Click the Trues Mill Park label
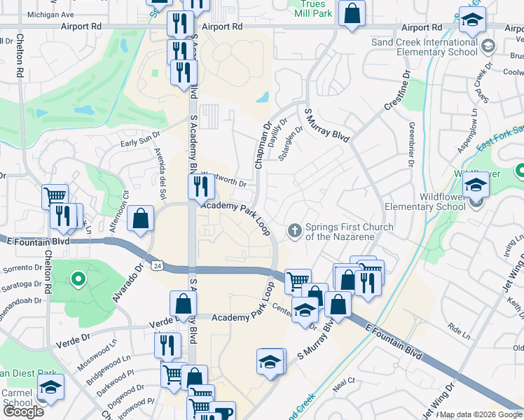312,8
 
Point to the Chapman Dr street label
262,146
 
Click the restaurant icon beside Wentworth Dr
201,186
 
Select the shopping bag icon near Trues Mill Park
352,13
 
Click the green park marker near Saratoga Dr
78,280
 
